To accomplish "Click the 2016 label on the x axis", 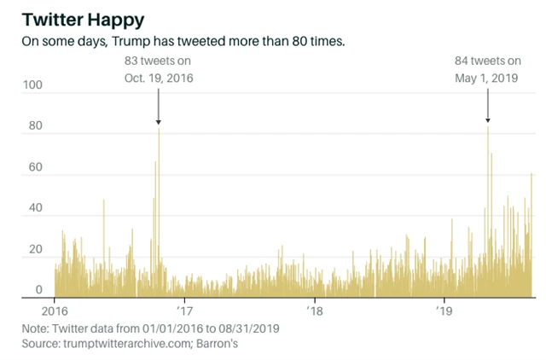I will [55, 310].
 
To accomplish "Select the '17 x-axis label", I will [183, 310].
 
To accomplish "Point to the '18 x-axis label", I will [314, 310].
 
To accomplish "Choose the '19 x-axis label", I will [443, 310].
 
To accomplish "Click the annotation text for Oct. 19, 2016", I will [159, 69].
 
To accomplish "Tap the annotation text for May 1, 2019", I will [487, 69].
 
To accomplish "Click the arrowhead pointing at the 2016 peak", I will [158, 122].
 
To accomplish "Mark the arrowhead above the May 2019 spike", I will [487, 120].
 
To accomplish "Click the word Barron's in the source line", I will [220, 344].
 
